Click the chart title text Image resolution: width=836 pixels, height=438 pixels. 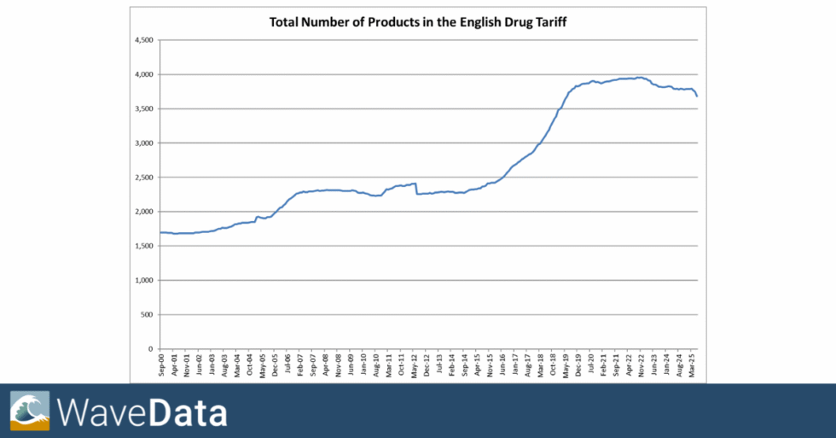pos(417,22)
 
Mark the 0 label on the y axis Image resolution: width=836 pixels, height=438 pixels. pos(149,348)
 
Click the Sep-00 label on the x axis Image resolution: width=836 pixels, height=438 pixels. pos(162,365)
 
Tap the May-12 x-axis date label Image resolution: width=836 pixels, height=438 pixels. pos(415,365)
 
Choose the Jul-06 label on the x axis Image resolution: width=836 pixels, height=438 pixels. pos(288,365)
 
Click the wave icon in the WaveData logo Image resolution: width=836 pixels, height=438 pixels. pos(30,411)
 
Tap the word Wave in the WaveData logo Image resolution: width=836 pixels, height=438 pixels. pos(102,413)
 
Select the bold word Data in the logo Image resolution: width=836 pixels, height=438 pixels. pos(189,413)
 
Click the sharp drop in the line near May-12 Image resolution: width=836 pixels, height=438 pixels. pos(416,189)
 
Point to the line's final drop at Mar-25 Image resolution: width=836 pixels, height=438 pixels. pos(696,93)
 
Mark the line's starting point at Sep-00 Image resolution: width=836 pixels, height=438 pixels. pos(160,232)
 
